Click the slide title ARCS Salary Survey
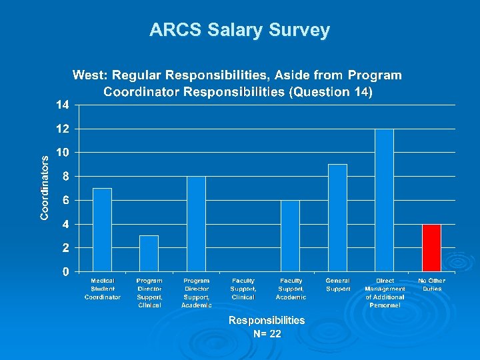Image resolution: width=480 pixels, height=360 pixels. coord(239,30)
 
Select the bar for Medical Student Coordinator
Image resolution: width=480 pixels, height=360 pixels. coord(102,229)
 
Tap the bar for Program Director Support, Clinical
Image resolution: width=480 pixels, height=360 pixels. coord(149,253)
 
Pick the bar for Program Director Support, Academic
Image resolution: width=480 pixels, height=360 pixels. coord(196,223)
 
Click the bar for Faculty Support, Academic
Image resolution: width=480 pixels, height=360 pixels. coord(290,235)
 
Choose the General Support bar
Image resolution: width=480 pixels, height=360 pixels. coord(337,217)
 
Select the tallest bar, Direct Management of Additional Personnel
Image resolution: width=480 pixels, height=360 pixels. coord(385,200)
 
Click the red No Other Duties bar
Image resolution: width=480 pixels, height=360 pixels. coord(431,247)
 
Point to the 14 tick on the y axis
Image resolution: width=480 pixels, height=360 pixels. coord(62,105)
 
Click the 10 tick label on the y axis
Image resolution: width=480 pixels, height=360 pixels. coord(62,153)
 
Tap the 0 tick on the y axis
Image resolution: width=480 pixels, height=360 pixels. coord(65,272)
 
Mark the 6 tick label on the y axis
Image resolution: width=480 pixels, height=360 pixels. coord(65,200)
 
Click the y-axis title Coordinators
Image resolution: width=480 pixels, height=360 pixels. coord(45,188)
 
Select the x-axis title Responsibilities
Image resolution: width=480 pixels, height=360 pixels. coord(267,321)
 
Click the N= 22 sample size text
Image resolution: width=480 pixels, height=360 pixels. coord(267,334)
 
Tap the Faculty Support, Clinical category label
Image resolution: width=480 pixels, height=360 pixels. coord(243,289)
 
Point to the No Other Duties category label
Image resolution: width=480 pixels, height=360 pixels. coord(431,285)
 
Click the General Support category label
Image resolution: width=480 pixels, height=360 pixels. coord(338,285)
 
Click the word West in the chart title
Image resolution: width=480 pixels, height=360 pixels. coord(88,75)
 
